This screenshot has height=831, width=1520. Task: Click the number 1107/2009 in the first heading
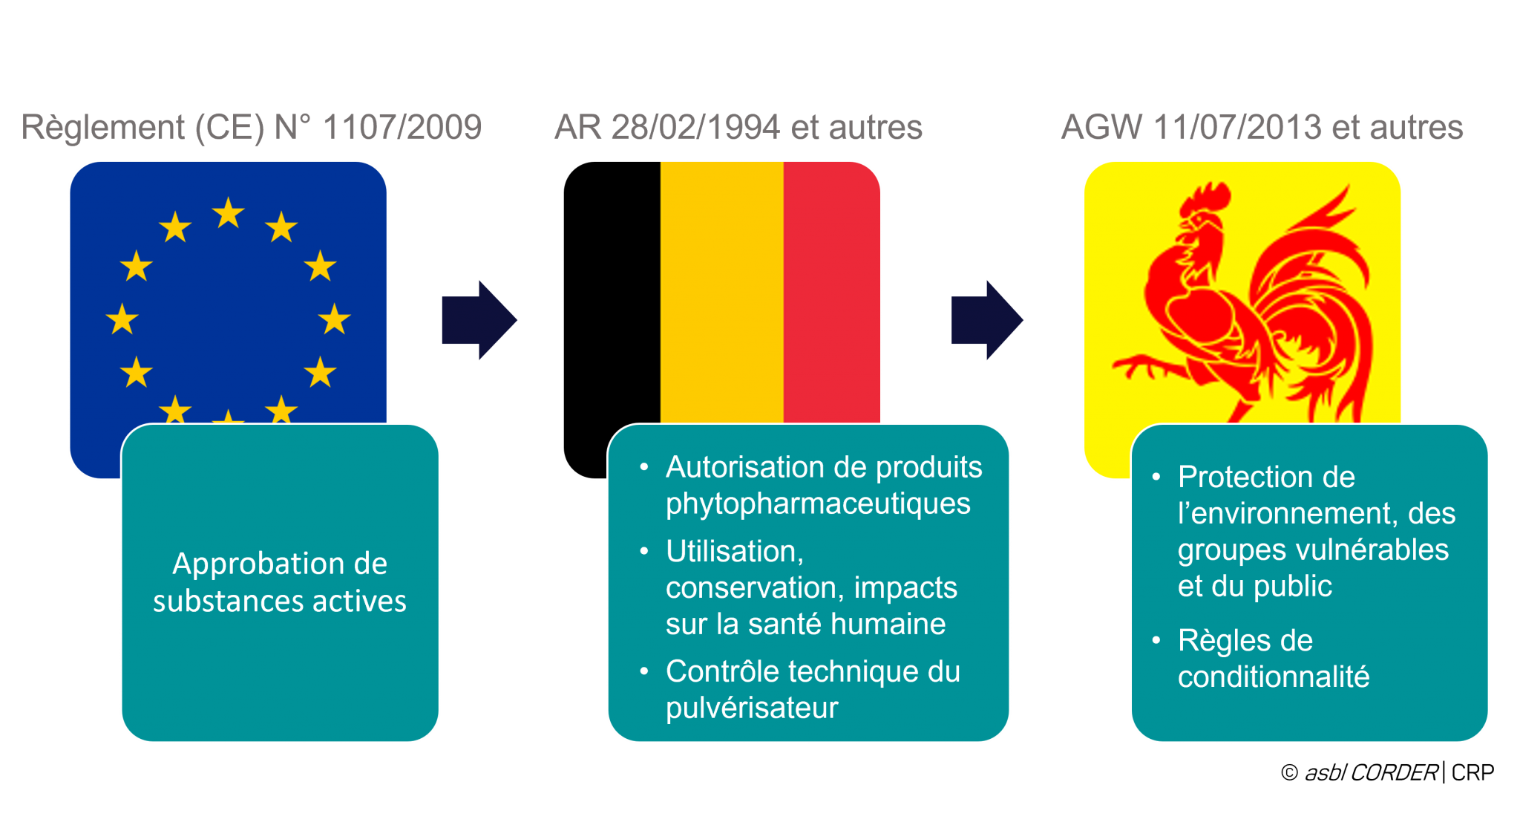point(402,127)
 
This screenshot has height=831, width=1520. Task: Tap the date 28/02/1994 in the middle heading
point(695,127)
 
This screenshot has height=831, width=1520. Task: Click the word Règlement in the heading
point(103,127)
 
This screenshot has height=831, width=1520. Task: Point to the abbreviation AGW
point(1101,127)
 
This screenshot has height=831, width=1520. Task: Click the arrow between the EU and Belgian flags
point(479,320)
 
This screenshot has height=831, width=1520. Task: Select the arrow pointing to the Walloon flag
point(987,320)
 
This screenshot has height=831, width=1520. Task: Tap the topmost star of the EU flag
point(229,213)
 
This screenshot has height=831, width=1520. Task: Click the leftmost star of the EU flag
point(122,319)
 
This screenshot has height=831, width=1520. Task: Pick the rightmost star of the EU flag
point(335,319)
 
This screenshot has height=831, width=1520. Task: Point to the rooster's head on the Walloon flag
point(1199,215)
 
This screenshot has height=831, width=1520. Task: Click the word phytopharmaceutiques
point(818,504)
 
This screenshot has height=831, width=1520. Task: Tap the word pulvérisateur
point(752,708)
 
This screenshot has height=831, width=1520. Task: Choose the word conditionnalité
point(1274,677)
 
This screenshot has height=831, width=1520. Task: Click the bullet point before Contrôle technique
point(644,671)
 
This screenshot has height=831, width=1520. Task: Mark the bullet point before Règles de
point(1156,640)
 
